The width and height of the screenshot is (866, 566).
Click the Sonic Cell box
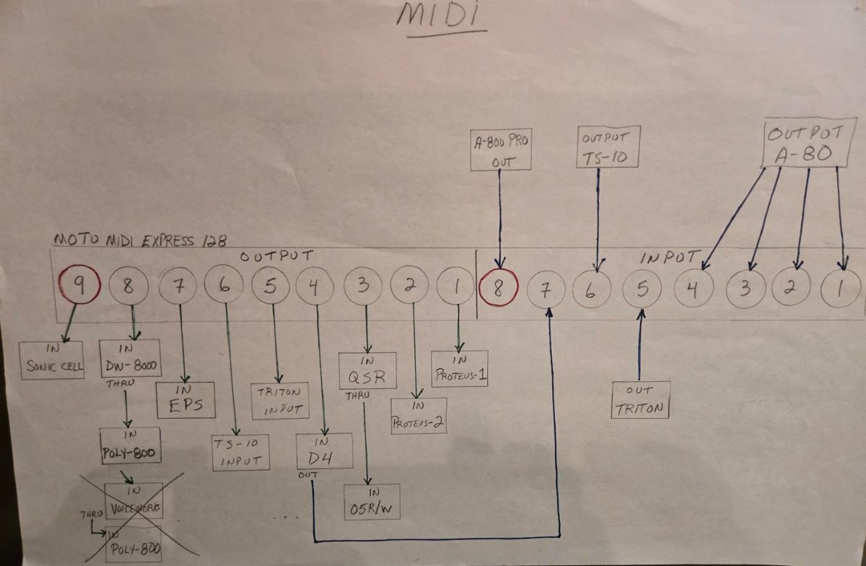click(x=52, y=358)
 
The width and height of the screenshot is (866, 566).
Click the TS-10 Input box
click(x=240, y=452)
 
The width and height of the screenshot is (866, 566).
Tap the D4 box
click(x=324, y=451)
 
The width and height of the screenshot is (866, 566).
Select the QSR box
click(x=368, y=370)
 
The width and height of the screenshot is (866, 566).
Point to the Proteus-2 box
click(x=418, y=416)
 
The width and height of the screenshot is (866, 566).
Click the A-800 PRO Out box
click(x=500, y=150)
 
